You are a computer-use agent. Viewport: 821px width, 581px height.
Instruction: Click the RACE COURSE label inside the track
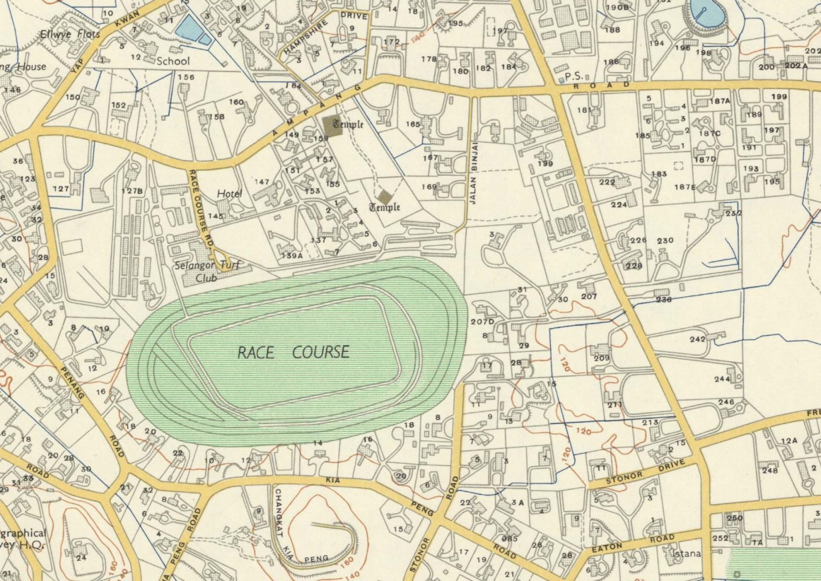tap(293, 352)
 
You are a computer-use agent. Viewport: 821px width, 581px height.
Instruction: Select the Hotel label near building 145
tap(229, 194)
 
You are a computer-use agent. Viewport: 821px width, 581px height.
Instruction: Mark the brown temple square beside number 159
tap(333, 126)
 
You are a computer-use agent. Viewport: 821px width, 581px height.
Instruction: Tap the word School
tap(173, 61)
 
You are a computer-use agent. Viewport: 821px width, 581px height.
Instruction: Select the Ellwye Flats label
tap(70, 35)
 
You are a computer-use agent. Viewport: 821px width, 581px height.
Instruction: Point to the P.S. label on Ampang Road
tap(574, 76)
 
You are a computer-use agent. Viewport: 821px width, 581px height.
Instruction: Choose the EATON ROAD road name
tap(629, 544)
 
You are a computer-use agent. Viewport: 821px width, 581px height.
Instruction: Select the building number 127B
tap(132, 191)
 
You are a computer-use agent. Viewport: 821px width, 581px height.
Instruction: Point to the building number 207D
tap(482, 321)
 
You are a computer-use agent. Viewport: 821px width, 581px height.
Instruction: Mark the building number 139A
tap(292, 256)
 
